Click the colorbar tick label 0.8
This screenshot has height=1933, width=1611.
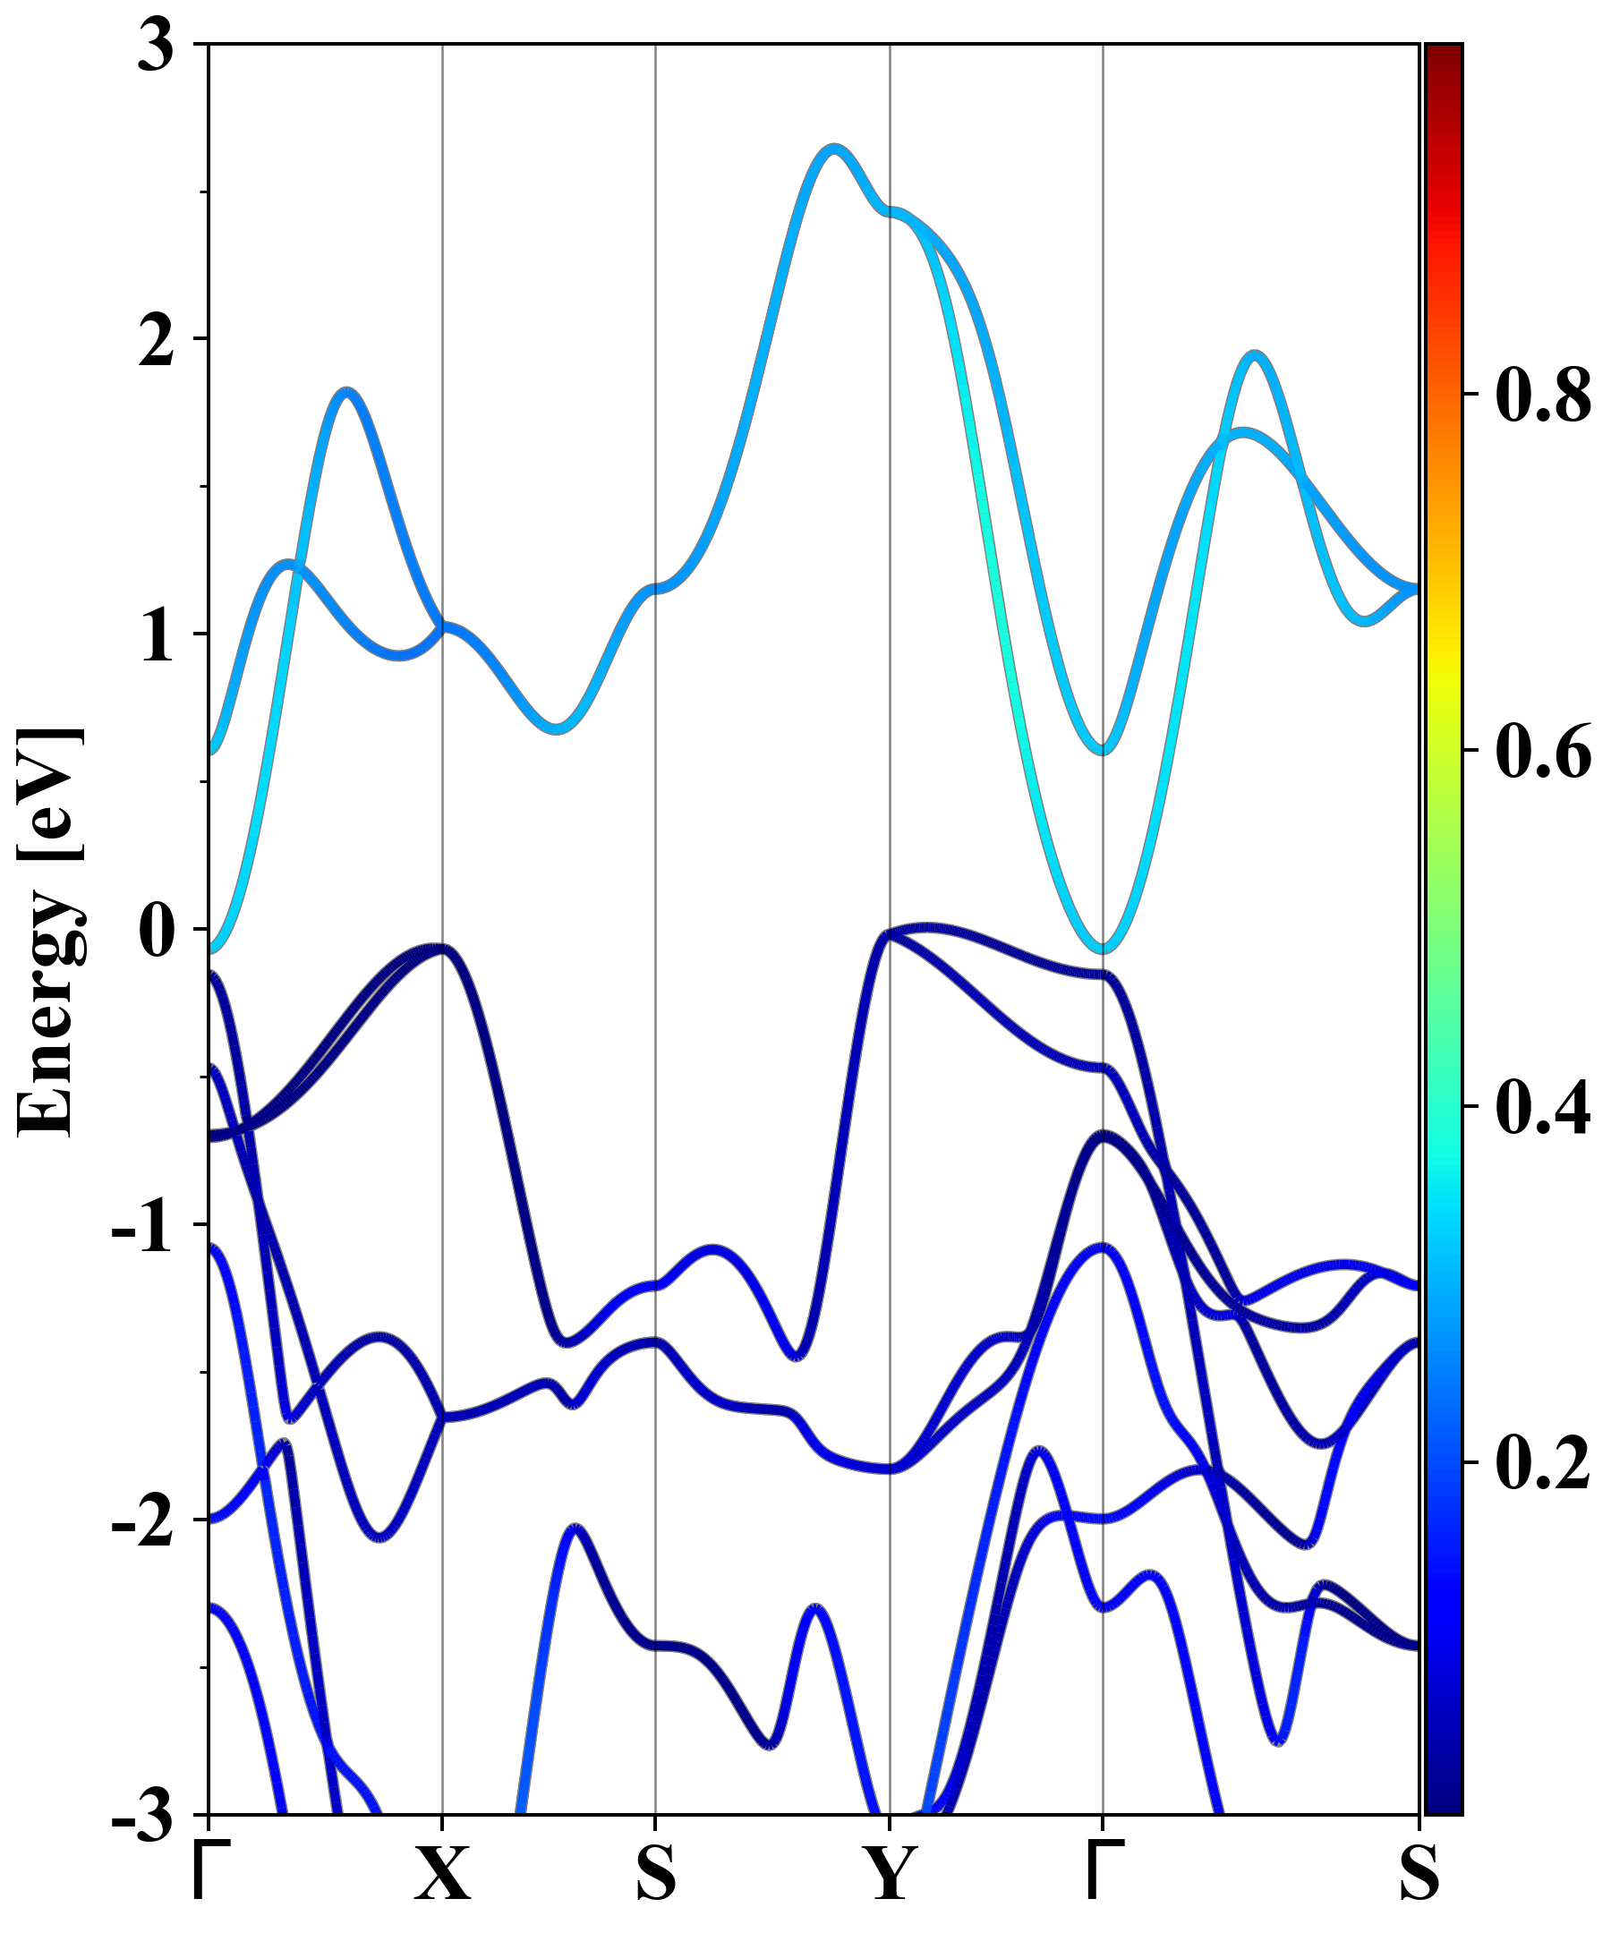pos(1543,395)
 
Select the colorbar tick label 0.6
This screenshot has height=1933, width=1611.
pos(1543,751)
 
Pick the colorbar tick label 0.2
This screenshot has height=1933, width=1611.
pos(1543,1461)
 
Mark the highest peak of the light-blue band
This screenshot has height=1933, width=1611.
pos(834,149)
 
